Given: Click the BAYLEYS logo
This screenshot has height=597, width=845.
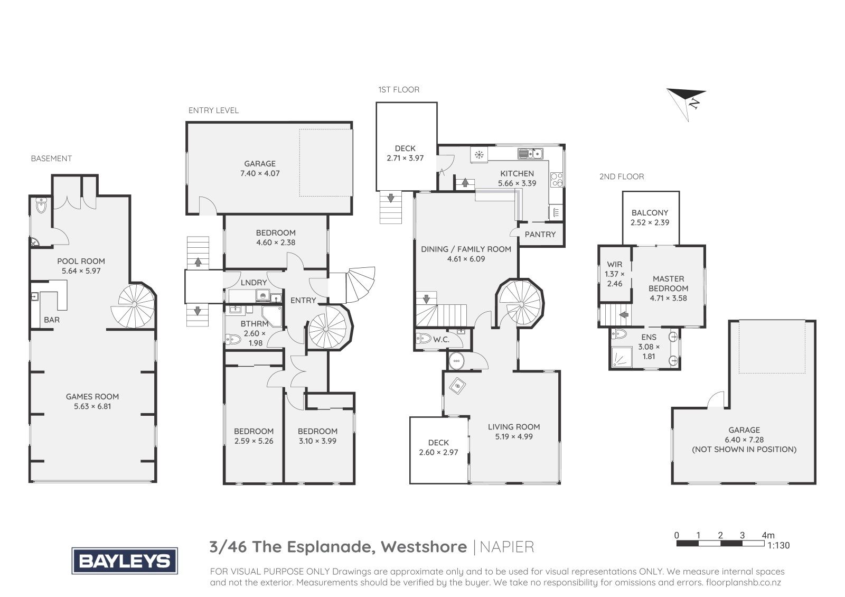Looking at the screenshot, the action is click(x=125, y=561).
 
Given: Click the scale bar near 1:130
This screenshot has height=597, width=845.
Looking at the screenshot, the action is click(x=720, y=544).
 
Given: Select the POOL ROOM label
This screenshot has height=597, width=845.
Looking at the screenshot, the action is click(x=81, y=261).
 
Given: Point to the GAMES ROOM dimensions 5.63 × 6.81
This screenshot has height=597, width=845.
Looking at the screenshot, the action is click(x=92, y=406).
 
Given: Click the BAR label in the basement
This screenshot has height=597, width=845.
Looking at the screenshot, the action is click(x=52, y=320).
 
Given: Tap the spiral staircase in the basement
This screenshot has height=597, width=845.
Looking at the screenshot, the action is click(x=133, y=306).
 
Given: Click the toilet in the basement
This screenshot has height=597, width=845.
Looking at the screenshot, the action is click(x=40, y=206).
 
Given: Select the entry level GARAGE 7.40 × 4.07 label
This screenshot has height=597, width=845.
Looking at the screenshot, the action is click(x=260, y=169).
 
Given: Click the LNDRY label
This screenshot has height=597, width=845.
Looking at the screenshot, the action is click(x=253, y=283).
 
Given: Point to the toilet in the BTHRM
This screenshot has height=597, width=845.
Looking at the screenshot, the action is click(x=233, y=340).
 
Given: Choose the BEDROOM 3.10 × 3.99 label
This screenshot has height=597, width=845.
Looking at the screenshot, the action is click(x=317, y=436).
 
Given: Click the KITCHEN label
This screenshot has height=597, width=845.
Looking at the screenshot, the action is click(x=517, y=174).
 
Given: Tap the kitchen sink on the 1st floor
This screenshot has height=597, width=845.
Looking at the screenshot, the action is click(x=530, y=154).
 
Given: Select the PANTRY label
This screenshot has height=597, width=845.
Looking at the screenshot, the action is click(x=540, y=235).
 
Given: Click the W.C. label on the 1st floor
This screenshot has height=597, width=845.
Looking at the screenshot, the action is click(x=441, y=340).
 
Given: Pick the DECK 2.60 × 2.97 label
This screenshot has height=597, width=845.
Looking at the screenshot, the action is click(x=438, y=447).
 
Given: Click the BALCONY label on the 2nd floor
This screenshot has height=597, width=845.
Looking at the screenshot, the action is click(x=650, y=213).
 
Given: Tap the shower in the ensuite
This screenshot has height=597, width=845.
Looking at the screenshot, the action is click(x=620, y=357).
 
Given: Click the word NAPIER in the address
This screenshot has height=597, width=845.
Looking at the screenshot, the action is click(x=507, y=547).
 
